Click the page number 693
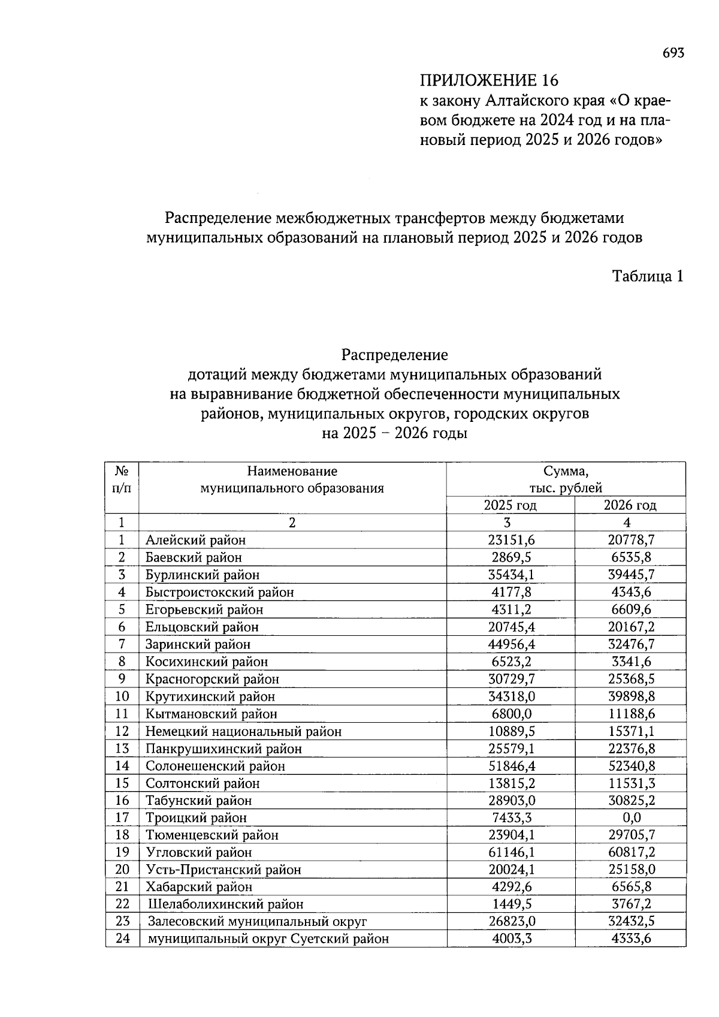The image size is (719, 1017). click(673, 53)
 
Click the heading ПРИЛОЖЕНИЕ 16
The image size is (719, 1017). click(488, 80)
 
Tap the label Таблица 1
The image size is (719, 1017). click(647, 276)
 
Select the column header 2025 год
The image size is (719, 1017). click(510, 505)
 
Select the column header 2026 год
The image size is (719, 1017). click(630, 505)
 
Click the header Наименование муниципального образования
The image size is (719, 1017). click(292, 479)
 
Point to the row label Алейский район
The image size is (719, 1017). click(195, 540)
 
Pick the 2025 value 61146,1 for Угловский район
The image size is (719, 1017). click(510, 852)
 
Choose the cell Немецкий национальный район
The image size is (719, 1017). click(243, 731)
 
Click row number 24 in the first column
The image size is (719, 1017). click(122, 938)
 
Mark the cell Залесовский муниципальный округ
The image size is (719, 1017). click(257, 921)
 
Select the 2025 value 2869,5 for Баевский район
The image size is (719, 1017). click(511, 557)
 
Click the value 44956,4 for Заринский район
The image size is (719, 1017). click(510, 644)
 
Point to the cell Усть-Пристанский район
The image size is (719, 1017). click(223, 870)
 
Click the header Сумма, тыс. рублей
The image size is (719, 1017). click(566, 479)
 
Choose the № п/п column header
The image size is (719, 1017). click(122, 479)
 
